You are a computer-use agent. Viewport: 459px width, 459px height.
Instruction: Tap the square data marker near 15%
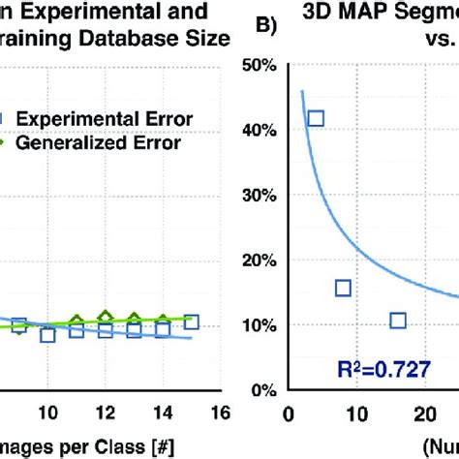pos(343,288)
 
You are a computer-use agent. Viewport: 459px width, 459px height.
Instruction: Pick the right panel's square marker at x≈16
pos(397,321)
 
